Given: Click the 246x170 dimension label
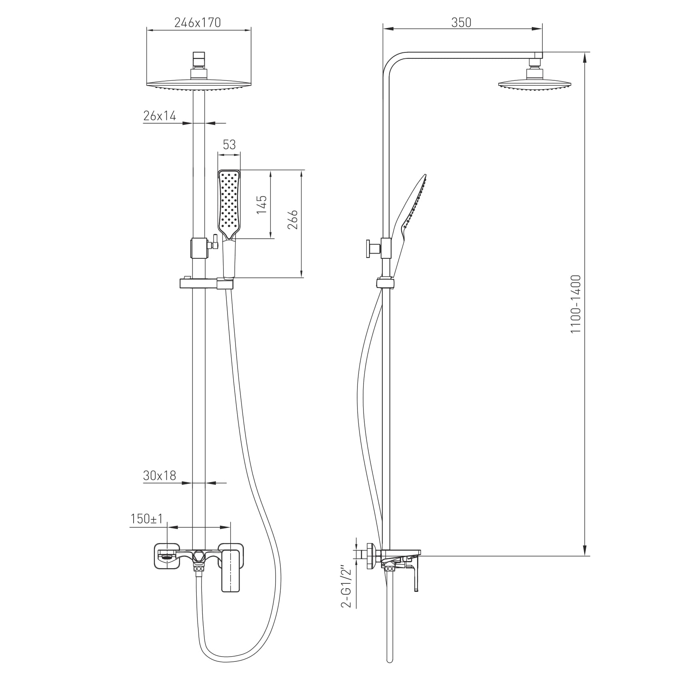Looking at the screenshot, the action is click(198, 23).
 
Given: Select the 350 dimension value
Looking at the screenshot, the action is click(461, 23).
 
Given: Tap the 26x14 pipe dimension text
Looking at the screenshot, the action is click(160, 116).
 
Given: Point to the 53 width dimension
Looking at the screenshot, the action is click(229, 144).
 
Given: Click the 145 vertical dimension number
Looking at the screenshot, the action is click(262, 204).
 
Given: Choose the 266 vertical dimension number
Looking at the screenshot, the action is click(293, 219).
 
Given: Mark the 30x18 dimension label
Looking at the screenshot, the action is click(160, 475).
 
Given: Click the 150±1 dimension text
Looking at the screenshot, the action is click(147, 519).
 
